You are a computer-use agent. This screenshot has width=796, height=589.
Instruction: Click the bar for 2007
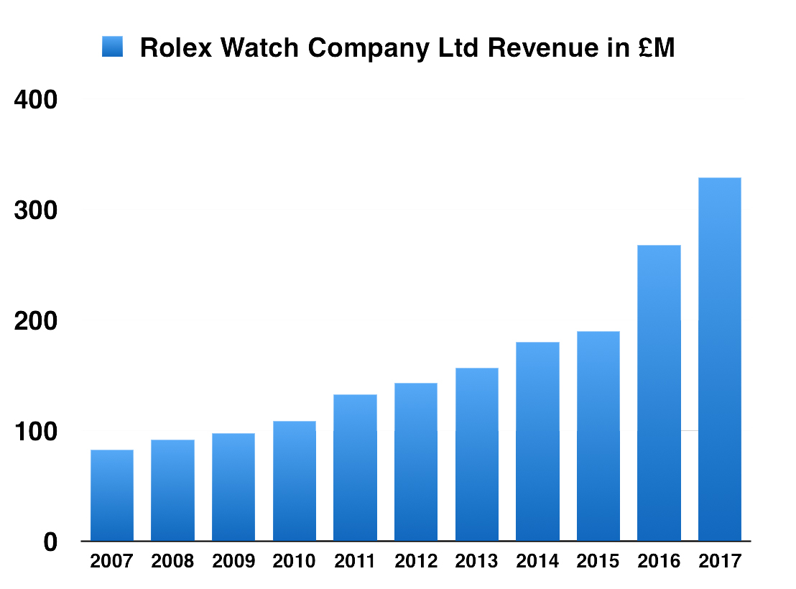[111, 496]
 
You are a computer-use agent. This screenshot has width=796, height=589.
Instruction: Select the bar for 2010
[294, 481]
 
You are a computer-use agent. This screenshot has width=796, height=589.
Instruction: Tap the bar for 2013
[476, 455]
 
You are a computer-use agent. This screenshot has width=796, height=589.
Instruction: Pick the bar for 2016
[659, 394]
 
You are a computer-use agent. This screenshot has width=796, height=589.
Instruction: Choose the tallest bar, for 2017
[719, 359]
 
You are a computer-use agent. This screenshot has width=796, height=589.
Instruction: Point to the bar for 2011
[355, 468]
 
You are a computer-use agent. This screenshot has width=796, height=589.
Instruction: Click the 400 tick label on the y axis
[35, 100]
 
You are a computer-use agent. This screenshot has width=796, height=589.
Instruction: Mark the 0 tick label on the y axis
[50, 542]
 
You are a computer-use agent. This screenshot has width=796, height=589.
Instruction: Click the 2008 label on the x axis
[172, 561]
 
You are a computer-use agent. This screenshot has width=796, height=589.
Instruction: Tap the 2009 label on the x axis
[233, 561]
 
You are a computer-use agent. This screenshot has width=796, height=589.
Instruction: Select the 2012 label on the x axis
[415, 561]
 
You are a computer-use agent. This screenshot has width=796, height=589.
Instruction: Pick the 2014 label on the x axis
[537, 561]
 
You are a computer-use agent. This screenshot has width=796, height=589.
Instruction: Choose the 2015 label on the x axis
[598, 561]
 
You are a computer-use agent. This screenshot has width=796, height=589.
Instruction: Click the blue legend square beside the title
[113, 47]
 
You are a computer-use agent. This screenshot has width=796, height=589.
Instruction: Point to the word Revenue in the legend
[536, 48]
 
